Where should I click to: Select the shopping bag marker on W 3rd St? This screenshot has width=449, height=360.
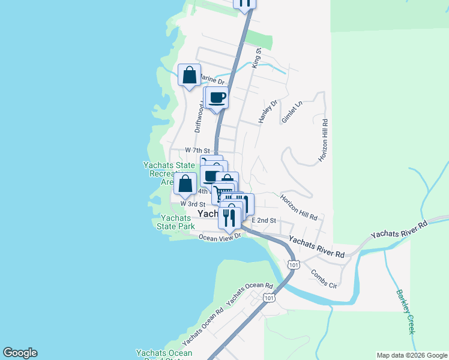[185, 184]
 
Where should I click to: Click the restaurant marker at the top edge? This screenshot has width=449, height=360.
[244, 3]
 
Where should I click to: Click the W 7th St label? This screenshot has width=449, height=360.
[197, 150]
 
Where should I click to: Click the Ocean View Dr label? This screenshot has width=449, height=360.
[220, 236]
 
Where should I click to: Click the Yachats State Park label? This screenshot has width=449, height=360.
[175, 222]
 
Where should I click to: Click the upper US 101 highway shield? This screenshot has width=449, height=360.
[294, 264]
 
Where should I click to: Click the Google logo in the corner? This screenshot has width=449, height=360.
[20, 353]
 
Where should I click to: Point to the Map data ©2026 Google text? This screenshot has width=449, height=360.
[412, 355]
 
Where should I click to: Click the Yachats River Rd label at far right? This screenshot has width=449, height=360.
[399, 229]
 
